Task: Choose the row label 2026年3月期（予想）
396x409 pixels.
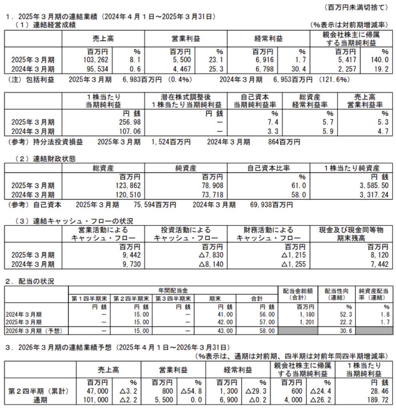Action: pos(36,331)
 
